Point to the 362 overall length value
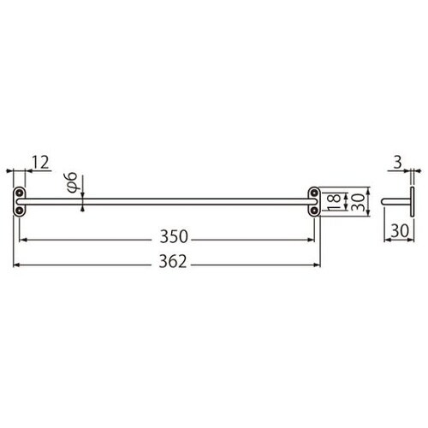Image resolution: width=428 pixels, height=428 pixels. tap(169, 265)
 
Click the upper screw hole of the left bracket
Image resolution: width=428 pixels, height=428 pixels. tap(19, 193)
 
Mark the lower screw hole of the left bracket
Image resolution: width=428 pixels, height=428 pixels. tap(19, 209)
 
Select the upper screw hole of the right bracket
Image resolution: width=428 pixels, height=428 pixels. tap(314, 193)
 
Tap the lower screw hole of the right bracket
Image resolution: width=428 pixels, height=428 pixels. tap(314, 209)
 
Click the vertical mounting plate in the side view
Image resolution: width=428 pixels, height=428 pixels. tap(413, 202)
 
